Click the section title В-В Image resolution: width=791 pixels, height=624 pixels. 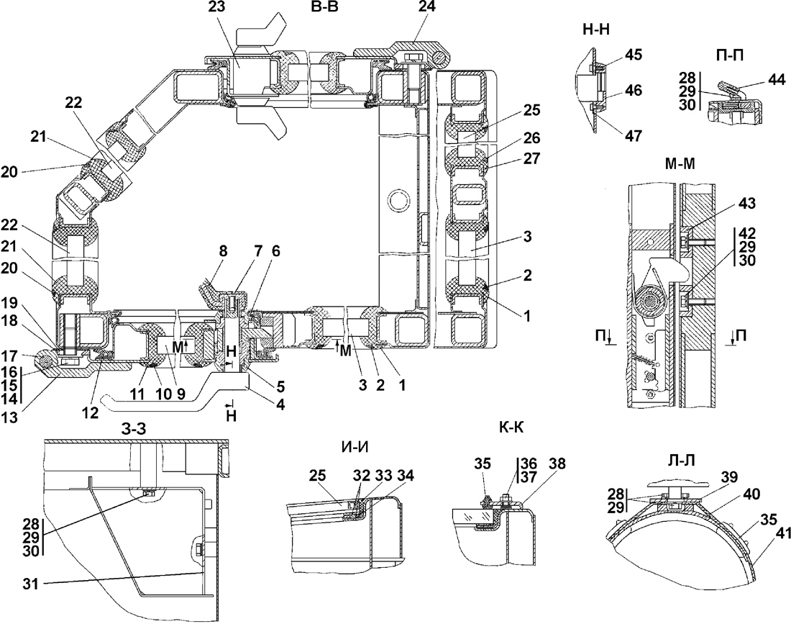[x=325, y=9]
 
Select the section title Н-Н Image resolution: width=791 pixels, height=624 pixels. [x=596, y=30]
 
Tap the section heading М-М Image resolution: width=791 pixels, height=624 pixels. [x=680, y=163]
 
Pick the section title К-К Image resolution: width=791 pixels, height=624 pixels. [x=511, y=428]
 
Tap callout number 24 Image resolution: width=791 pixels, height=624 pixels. [x=426, y=7]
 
